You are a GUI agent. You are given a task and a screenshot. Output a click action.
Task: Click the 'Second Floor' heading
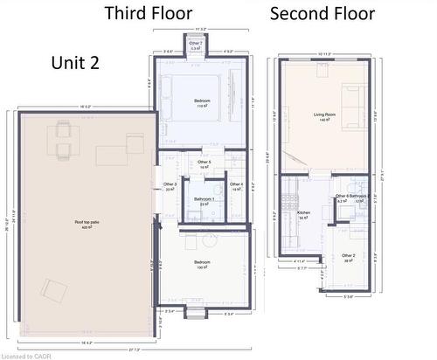click(x=323, y=13)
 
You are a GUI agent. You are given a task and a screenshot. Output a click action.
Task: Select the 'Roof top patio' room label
click(x=87, y=224)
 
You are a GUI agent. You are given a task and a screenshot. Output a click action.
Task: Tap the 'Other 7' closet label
click(x=196, y=45)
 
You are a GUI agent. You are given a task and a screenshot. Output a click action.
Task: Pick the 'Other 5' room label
click(x=205, y=163)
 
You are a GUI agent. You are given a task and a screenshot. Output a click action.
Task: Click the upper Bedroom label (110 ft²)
click(x=204, y=103)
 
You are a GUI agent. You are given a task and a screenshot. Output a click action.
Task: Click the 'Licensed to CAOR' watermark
click(x=27, y=355)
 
